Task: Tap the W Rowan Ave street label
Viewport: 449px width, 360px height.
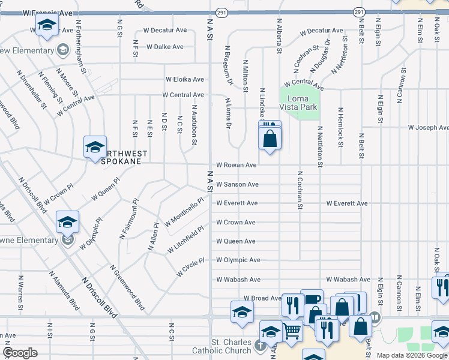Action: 237,165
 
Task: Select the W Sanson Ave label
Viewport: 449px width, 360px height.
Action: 237,184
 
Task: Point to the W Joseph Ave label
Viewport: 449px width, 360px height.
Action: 428,127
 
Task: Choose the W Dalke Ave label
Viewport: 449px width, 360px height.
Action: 165,46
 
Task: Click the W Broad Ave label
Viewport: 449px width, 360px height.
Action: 262,298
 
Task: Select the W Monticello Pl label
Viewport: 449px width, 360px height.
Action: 184,212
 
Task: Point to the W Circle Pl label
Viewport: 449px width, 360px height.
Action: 191,267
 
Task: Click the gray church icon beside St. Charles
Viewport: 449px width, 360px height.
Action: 259,345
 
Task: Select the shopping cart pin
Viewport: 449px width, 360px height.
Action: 292,331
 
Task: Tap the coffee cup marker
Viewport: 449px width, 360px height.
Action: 312,299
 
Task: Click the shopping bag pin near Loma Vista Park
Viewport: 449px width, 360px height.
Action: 270,139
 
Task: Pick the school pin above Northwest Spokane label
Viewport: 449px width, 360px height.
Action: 95,147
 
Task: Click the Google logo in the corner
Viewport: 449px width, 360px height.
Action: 20,353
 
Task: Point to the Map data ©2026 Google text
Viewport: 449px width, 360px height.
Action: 412,356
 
